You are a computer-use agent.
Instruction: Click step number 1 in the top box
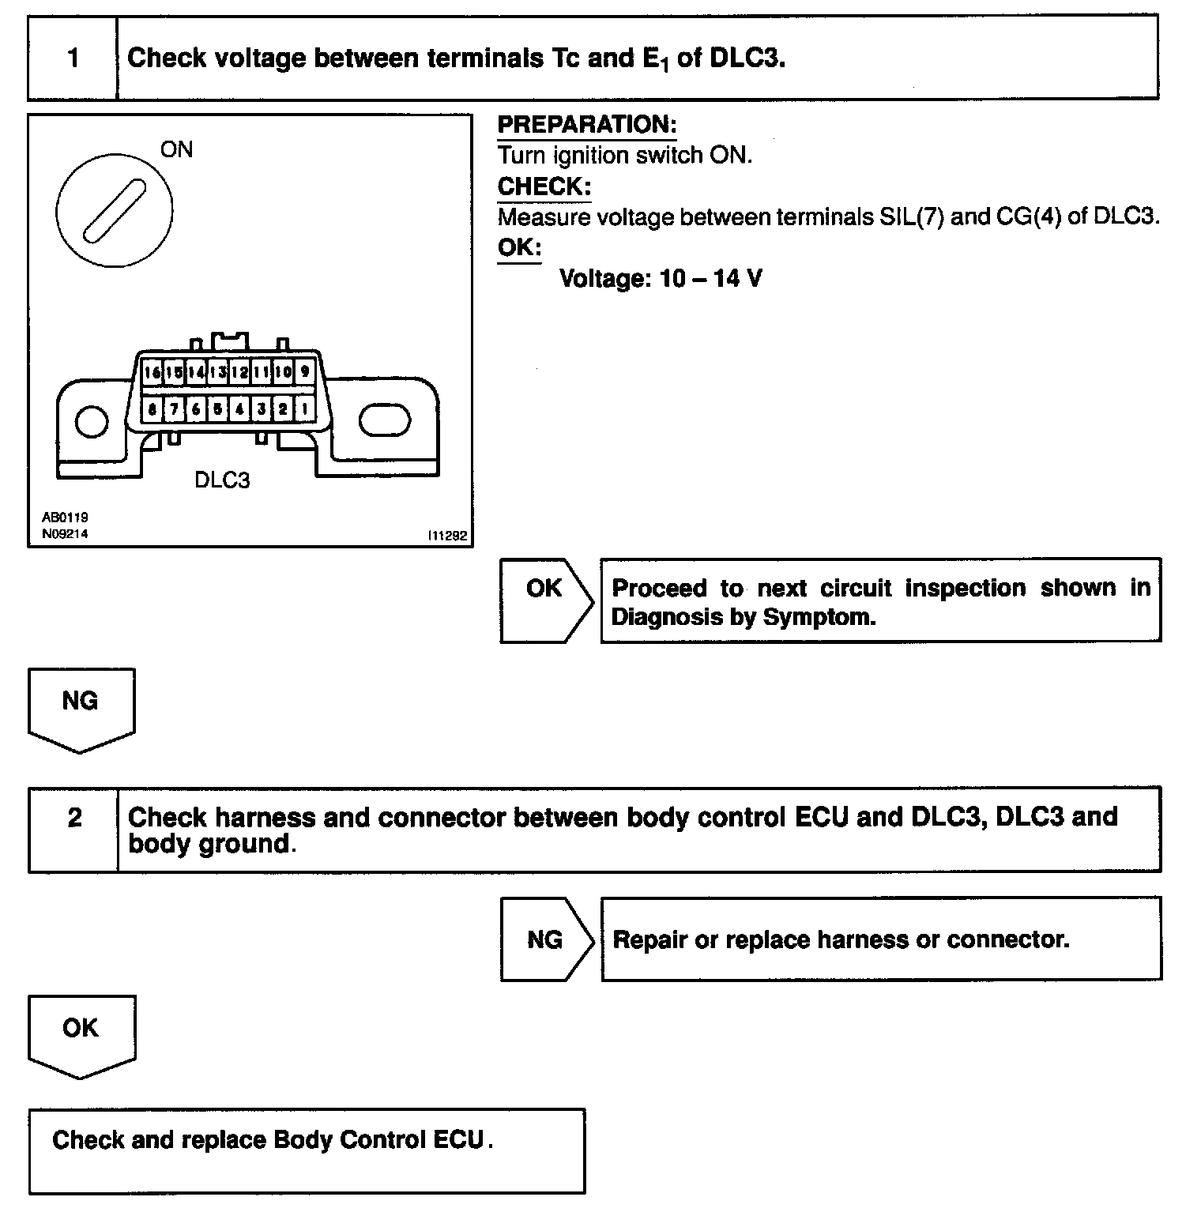73,58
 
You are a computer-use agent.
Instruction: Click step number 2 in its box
74,817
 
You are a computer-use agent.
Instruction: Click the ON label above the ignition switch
176,149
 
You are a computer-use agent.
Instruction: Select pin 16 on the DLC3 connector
152,372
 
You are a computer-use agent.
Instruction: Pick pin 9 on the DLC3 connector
304,372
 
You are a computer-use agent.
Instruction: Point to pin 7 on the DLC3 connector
174,409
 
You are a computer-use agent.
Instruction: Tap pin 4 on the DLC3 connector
239,409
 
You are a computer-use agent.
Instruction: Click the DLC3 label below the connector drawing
222,480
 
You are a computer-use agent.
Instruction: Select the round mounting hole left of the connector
92,421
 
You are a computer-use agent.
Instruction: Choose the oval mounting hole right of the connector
385,421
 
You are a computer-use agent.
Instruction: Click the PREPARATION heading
586,125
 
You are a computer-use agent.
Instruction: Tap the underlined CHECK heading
544,186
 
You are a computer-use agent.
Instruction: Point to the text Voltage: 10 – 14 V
661,279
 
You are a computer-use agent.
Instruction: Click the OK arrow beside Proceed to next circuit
544,589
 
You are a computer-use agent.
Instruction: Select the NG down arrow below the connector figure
81,702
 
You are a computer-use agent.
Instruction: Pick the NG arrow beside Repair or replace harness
544,939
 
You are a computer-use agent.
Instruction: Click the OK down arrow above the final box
81,1029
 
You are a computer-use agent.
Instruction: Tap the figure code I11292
446,536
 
